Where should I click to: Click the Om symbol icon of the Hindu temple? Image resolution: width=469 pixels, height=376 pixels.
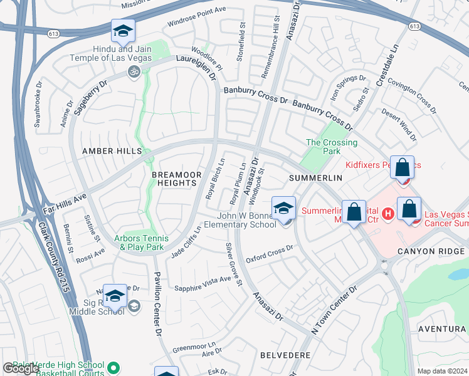pos(132,71)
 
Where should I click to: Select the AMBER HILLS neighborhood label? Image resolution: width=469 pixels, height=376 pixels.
pos(107,151)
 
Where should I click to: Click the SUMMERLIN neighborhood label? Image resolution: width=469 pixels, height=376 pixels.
pos(315,178)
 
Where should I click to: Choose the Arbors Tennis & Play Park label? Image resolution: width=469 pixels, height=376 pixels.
pos(142,243)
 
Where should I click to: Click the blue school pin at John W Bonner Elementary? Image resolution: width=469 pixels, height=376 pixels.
pos(283,209)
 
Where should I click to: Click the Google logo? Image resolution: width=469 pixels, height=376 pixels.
pos(21,368)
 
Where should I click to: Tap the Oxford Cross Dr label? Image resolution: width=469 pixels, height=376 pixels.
pos(270,254)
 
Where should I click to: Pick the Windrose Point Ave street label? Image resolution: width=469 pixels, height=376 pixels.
pos(196,18)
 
